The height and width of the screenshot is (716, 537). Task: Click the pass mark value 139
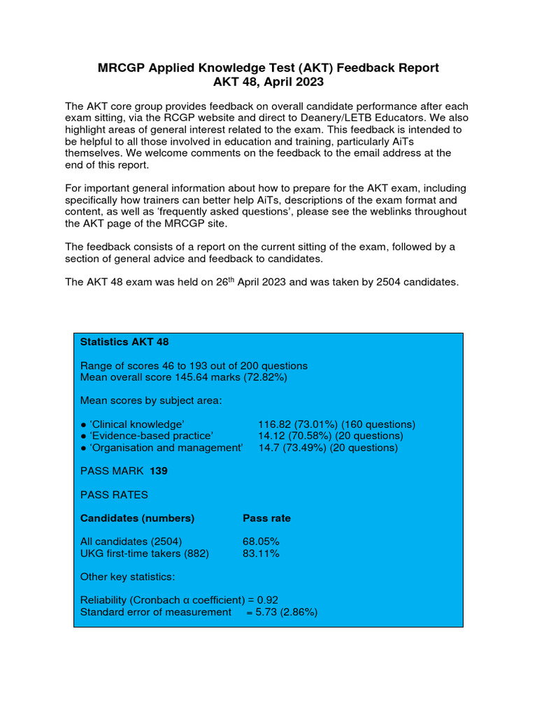click(159, 471)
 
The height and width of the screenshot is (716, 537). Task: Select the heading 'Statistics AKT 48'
click(124, 342)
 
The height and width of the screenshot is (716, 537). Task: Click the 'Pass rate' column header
click(266, 518)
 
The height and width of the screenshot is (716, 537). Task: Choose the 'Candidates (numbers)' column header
click(138, 518)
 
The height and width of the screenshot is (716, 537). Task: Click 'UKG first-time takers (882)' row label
click(145, 553)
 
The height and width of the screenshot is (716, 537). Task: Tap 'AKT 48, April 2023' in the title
click(268, 82)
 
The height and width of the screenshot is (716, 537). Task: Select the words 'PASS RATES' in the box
click(114, 494)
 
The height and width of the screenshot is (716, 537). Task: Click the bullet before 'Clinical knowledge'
click(83, 424)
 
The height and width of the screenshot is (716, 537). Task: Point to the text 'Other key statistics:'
click(128, 577)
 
